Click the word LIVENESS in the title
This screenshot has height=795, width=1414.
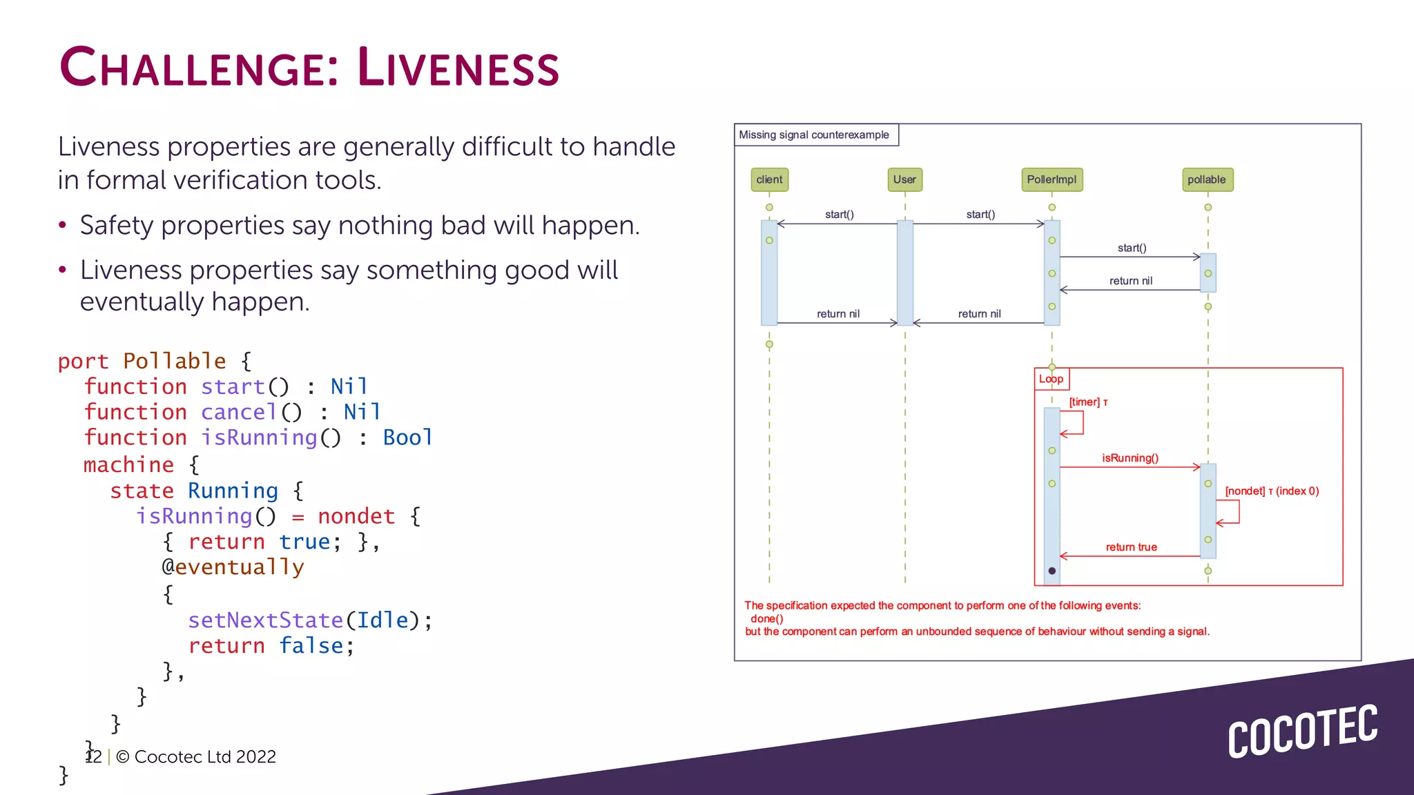(458, 68)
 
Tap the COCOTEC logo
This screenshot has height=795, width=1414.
(1302, 732)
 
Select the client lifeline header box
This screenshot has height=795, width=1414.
(769, 179)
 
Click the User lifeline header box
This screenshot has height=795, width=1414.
(904, 179)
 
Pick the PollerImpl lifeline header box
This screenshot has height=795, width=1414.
(1052, 179)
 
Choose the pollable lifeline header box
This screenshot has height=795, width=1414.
(1207, 179)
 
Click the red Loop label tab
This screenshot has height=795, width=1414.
(1051, 379)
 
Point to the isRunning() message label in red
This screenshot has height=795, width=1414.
(1130, 458)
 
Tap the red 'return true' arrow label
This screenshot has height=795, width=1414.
(1131, 547)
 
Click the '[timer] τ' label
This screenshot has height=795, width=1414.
(1088, 402)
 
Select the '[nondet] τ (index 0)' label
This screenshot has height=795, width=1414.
(1272, 491)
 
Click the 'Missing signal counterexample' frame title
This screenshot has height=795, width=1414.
(814, 135)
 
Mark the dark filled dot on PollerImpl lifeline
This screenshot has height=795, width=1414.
(1052, 571)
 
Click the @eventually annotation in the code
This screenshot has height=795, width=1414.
(233, 567)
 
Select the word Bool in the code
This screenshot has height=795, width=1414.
(407, 438)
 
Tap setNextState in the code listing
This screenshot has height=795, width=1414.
(265, 620)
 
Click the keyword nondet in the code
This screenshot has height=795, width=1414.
(356, 516)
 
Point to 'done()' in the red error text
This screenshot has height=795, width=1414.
(767, 619)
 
